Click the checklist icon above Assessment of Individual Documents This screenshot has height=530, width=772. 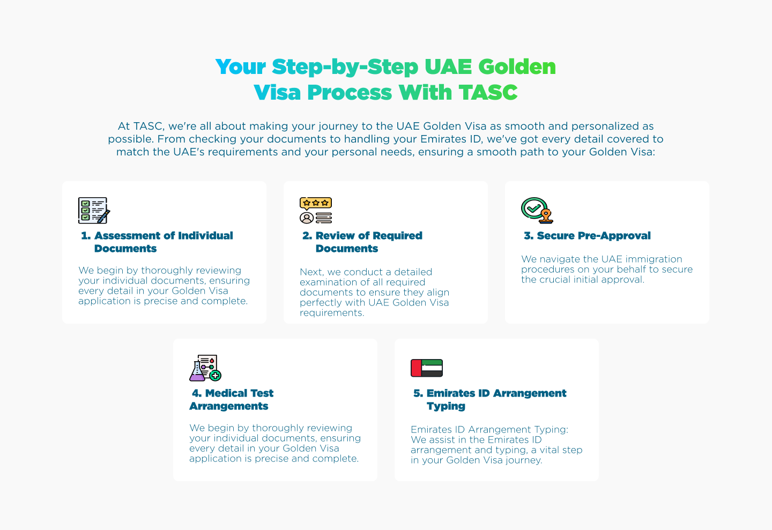coord(94,210)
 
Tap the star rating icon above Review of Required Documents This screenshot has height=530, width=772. coord(316,203)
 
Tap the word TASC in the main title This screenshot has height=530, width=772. coord(488,93)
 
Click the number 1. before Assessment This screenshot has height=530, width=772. coord(86,236)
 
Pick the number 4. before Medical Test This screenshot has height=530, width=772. coord(197,393)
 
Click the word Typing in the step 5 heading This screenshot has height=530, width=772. coord(446,406)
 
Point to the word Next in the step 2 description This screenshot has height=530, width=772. coord(311,272)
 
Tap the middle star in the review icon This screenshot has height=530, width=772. coord(316,203)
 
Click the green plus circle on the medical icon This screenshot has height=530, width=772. coord(216,375)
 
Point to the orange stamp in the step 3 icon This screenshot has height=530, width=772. coord(546,216)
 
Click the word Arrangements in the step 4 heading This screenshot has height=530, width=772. coord(229,406)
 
